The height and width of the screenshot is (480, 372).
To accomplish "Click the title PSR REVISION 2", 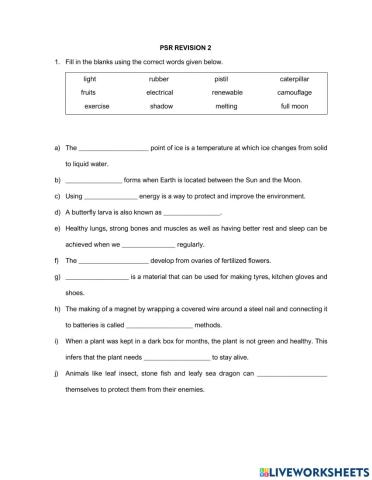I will click(186, 46).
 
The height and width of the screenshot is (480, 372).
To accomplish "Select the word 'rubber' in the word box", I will click(159, 78).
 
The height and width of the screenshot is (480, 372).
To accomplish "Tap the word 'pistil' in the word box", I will click(221, 78).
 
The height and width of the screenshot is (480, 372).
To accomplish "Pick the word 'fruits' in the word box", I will click(89, 92).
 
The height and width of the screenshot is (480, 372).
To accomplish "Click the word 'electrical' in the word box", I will click(159, 92).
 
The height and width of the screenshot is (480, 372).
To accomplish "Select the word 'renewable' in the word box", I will click(226, 92).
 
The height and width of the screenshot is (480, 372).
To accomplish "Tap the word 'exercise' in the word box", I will click(97, 106).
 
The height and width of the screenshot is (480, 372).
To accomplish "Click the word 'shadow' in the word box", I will click(160, 106).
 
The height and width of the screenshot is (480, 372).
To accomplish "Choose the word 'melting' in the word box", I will click(226, 106).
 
